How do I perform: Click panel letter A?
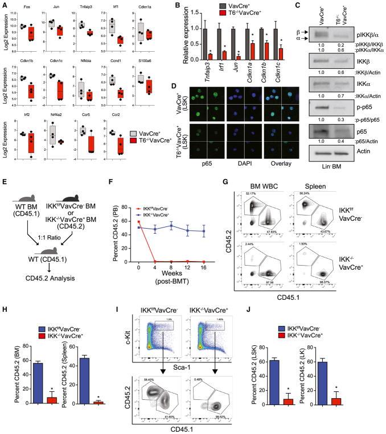coord(4,5)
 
